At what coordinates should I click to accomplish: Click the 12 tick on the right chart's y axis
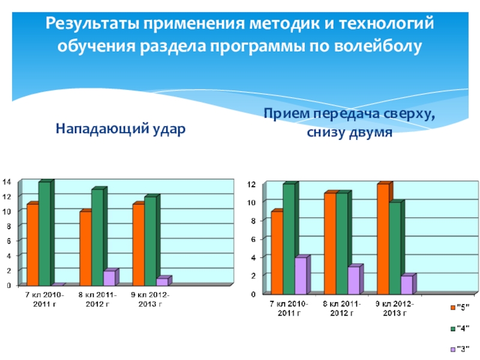(253, 184)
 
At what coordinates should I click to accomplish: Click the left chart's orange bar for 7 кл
(32, 245)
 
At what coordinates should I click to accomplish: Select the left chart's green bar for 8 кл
(97, 238)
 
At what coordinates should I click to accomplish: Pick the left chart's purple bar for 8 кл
(109, 278)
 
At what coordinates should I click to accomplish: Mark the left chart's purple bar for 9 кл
(162, 281)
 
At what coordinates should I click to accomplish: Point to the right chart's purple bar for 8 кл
(353, 280)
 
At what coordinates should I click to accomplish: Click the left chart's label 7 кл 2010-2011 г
(44, 300)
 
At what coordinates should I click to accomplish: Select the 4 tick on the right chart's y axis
(254, 257)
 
